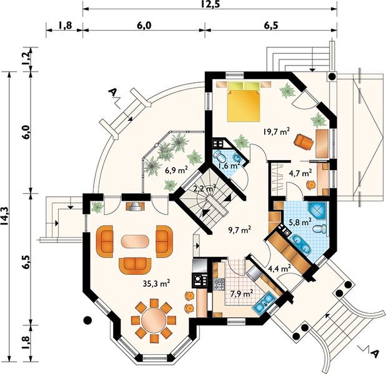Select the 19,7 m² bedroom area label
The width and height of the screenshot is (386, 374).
pos(275,131)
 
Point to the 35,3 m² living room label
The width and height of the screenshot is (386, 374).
pos(156,284)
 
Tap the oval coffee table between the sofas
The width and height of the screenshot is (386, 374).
pos(136,241)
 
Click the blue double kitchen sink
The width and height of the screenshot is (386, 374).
pos(262,305)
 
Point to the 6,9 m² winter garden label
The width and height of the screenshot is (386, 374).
pos(177,170)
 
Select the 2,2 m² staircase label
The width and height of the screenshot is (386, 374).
pos(204,188)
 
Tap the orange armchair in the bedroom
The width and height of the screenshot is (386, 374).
pos(303,142)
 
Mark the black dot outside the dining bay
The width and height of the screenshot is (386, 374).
pos(88,322)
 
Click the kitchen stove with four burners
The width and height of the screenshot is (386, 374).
pos(219,284)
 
